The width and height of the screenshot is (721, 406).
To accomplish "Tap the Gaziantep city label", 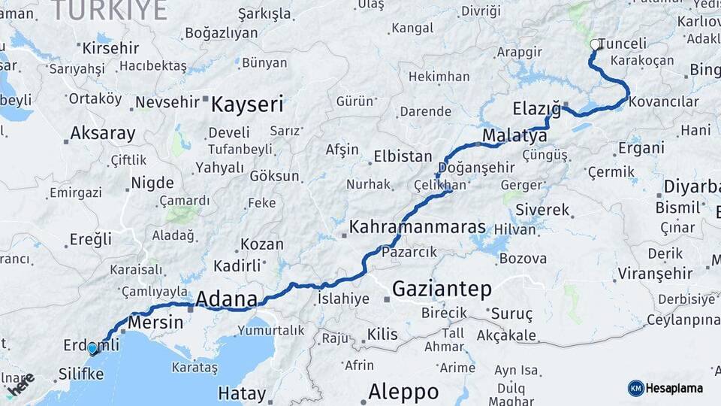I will tap(442, 289).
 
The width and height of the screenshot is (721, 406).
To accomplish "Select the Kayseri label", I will tap(247, 105).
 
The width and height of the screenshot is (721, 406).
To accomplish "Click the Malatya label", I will tap(514, 136).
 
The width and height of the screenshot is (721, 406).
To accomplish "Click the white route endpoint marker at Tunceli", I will tap(596, 44).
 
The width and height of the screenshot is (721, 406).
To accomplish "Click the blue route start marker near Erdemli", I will tap(93, 349).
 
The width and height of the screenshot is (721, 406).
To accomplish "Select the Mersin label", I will tap(155, 322).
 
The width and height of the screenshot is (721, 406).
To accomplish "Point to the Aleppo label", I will tap(403, 392).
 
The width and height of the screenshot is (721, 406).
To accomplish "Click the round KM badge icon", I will tap(636, 388).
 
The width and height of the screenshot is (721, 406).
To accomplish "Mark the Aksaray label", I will tap(103, 134).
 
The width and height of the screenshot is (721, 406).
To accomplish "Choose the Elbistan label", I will tap(403, 157).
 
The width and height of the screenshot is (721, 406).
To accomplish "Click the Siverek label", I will tap(543, 210).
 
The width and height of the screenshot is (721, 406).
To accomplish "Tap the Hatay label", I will tap(242, 393).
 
